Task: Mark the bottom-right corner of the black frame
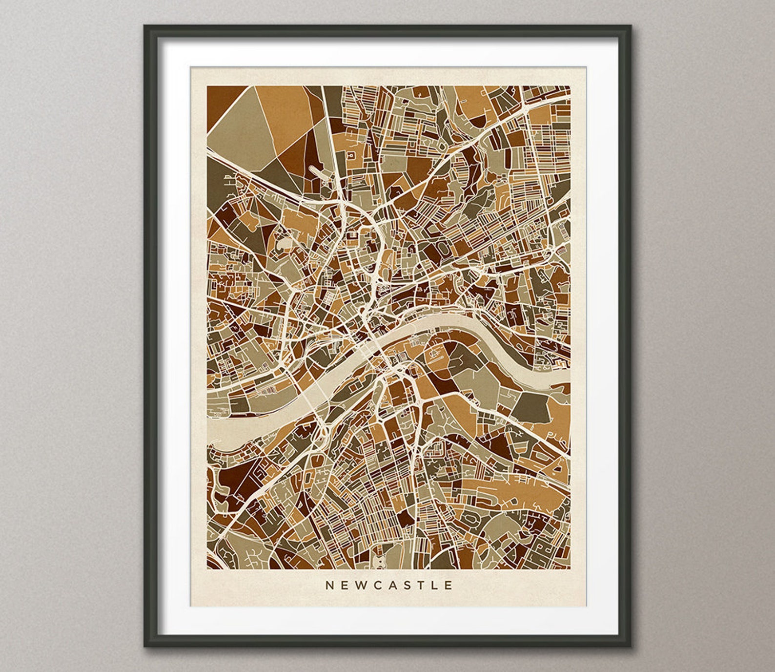631,646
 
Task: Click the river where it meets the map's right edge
566,376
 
